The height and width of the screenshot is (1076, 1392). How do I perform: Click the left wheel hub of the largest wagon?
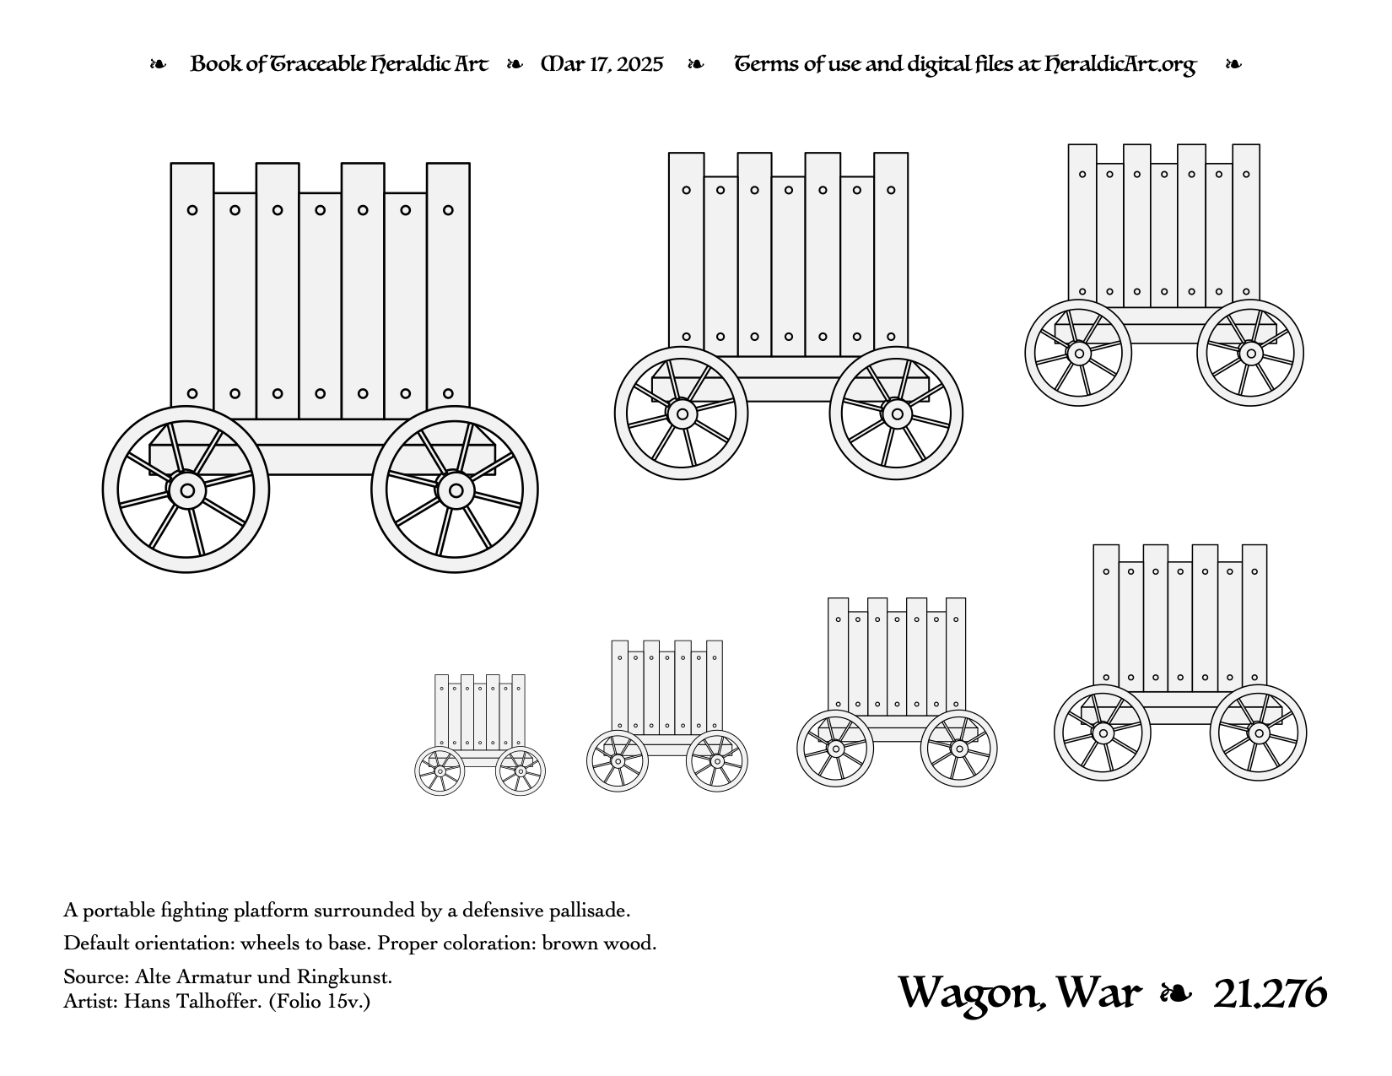(x=187, y=491)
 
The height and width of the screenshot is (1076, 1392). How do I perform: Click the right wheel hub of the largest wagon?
(x=456, y=491)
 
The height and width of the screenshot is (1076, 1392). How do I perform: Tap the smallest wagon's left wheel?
(x=440, y=771)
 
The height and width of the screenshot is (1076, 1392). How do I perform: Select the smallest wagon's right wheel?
(x=521, y=771)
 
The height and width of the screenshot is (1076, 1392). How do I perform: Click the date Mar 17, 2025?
(x=602, y=65)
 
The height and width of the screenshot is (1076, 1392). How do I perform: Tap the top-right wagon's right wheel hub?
(x=1251, y=354)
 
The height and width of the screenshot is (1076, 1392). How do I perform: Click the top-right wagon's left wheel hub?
(x=1079, y=354)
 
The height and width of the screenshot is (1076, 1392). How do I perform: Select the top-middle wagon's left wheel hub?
(x=683, y=414)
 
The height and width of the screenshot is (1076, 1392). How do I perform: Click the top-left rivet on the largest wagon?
(x=192, y=210)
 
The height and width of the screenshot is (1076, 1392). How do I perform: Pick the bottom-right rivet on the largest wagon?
(x=449, y=393)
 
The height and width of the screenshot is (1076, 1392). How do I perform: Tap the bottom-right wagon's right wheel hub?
(x=1259, y=733)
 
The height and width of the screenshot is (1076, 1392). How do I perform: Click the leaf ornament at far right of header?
(x=1233, y=65)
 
